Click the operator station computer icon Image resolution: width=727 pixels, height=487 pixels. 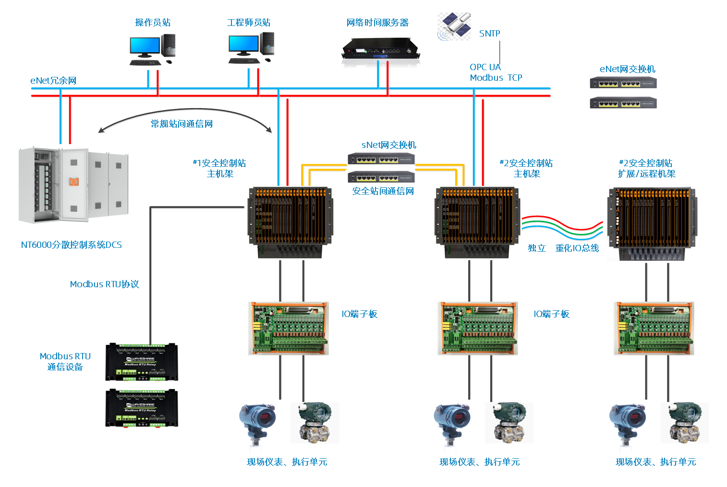pyautogui.click(x=152, y=50)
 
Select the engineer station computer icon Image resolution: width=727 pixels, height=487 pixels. pyautogui.click(x=251, y=49)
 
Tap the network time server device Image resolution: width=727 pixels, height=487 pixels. pyautogui.click(x=380, y=52)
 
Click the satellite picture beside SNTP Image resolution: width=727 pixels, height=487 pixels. pyautogui.click(x=454, y=26)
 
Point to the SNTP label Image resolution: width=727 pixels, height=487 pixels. pyautogui.click(x=489, y=34)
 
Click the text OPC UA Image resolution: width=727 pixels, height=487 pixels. pyautogui.click(x=485, y=67)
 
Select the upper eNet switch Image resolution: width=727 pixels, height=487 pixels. pyautogui.click(x=622, y=83)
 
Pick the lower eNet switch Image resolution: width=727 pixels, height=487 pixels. pyautogui.click(x=622, y=103)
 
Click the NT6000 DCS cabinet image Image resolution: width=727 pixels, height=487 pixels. pyautogui.click(x=73, y=185)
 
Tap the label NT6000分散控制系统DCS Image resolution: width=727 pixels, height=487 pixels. pyautogui.click(x=72, y=245)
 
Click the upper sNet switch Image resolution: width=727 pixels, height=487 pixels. pyautogui.click(x=381, y=158)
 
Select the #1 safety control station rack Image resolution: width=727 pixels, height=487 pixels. pyautogui.click(x=289, y=223)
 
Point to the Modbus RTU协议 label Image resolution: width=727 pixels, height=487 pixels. pyautogui.click(x=105, y=284)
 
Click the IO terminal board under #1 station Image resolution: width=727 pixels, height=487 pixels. pyautogui.click(x=288, y=329)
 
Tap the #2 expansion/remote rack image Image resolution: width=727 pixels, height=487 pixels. pyautogui.click(x=652, y=224)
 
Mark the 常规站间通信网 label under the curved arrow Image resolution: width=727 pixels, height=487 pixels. pyautogui.click(x=182, y=124)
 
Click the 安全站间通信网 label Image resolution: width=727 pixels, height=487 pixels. pyautogui.click(x=383, y=191)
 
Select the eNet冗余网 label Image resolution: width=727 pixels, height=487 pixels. pyautogui.click(x=53, y=81)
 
